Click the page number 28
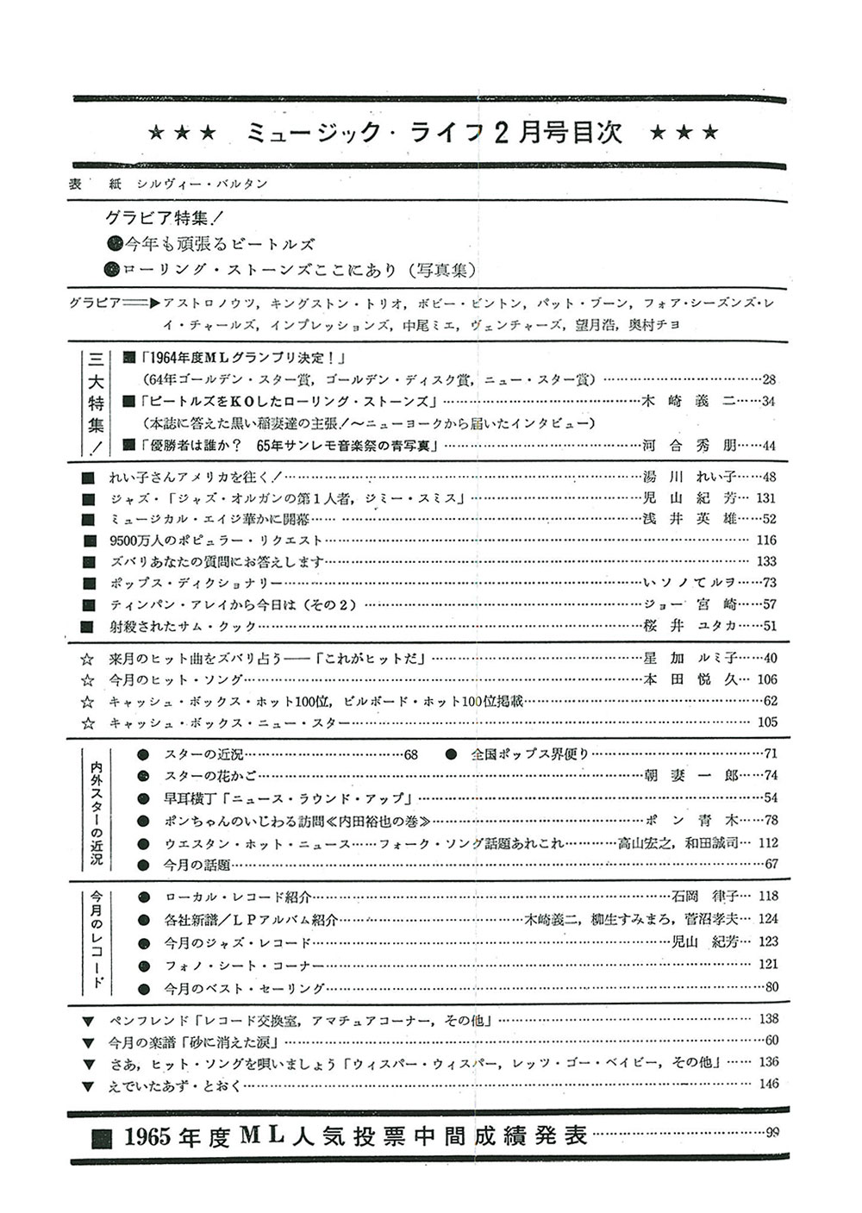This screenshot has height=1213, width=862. pos(769,379)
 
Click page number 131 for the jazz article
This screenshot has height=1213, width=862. pos(765,497)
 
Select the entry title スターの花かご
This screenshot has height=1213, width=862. pos(210,775)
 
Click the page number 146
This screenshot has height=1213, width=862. pos(767,1084)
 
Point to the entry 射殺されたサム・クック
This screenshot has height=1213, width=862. pos(183,626)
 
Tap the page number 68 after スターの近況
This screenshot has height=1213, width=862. pos(410,754)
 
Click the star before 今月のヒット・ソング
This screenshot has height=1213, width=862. pos(86,680)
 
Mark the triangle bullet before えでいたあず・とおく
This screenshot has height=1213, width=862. pos(86,1085)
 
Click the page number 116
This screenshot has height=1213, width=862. pos(765,541)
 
